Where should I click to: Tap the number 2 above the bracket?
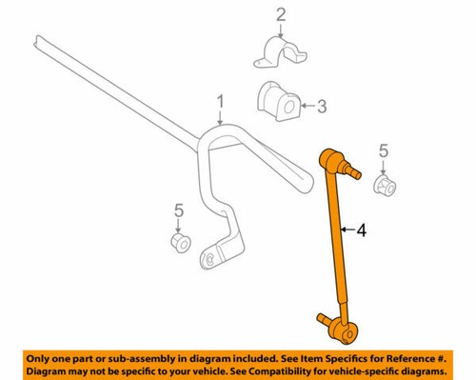click(x=281, y=13)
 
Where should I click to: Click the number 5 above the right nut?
click(x=384, y=150)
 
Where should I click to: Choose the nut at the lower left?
click(x=177, y=242)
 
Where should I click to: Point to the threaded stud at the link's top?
click(x=357, y=173)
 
